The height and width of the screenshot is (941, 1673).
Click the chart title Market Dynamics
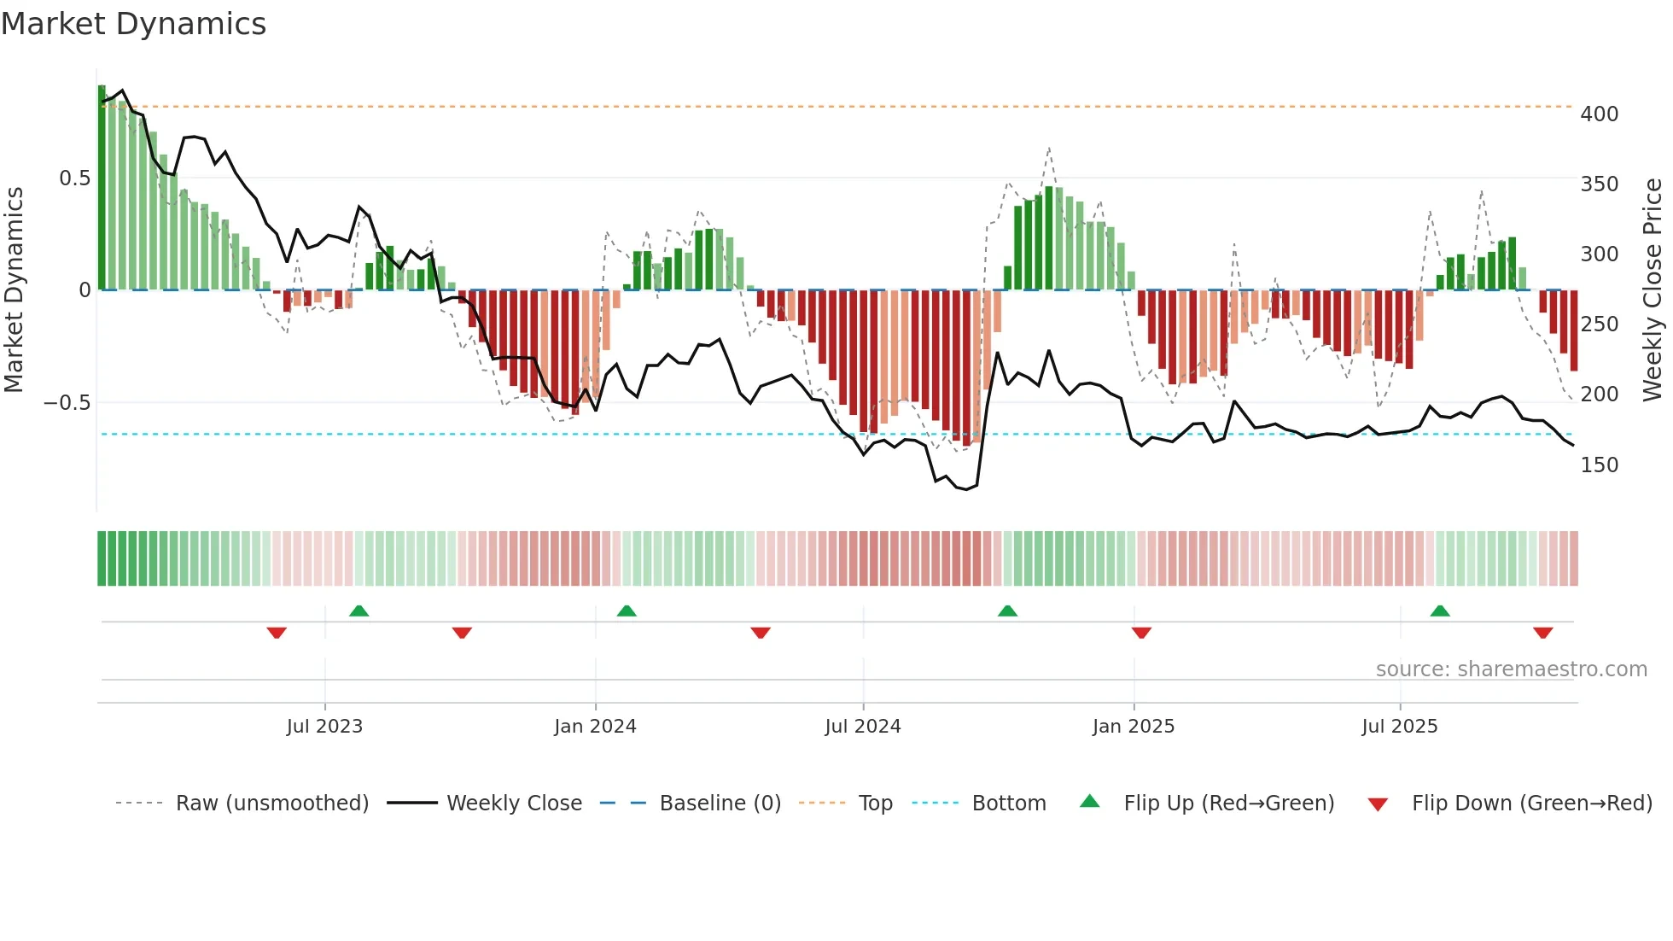133,24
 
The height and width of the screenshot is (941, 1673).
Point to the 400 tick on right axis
1599,114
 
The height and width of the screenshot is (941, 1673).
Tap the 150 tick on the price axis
1599,465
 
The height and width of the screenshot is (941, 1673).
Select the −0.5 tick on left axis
67,402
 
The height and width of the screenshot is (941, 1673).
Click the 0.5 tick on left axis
74,178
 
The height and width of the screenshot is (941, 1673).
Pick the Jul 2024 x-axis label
862,726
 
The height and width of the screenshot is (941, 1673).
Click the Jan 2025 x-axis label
1133,726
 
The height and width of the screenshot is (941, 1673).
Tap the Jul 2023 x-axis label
324,726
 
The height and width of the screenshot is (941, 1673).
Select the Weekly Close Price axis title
1652,289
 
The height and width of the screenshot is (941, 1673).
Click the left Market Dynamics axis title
14,289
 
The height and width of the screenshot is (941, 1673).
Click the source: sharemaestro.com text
1511,669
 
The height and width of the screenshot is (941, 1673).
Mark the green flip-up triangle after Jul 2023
358,611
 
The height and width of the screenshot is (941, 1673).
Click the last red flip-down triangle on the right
1542,633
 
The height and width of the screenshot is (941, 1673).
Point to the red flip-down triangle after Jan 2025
1141,633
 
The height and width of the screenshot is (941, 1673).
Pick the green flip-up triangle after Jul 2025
1440,611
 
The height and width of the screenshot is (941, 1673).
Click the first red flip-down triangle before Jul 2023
277,633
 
